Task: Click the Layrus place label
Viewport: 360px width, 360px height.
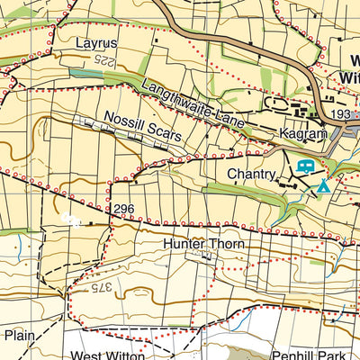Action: coord(96,42)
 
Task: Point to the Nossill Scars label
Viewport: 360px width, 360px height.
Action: coord(143,125)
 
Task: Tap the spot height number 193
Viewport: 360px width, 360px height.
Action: coord(341,116)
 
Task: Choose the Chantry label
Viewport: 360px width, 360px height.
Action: coord(250,173)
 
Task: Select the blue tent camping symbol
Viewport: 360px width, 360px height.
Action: coord(321,186)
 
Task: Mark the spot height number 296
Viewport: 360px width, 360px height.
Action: coord(124,209)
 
